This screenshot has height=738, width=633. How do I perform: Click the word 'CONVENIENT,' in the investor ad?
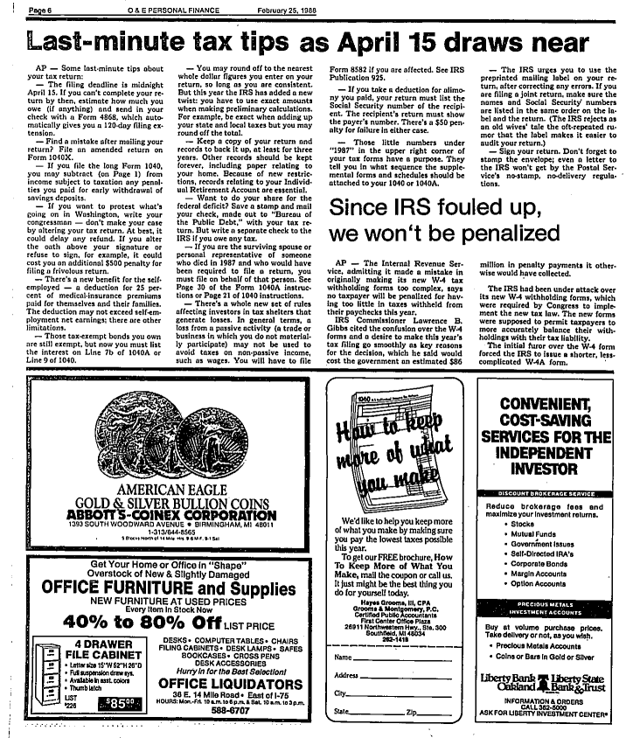(546, 406)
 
